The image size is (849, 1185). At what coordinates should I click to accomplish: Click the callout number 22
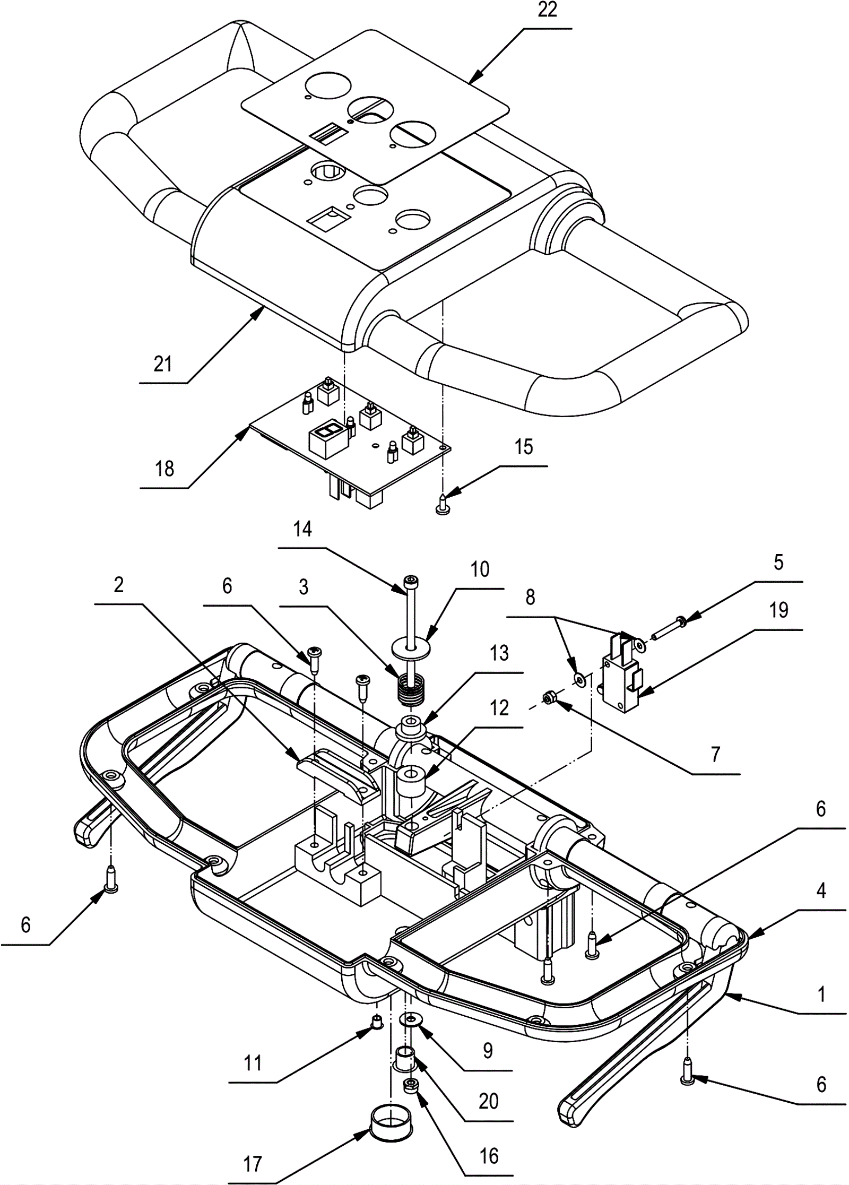(547, 11)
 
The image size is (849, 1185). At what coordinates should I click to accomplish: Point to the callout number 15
(523, 447)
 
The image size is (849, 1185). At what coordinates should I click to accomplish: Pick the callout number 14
(302, 529)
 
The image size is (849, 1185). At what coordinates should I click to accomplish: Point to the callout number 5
(778, 562)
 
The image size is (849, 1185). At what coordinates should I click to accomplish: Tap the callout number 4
(821, 890)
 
